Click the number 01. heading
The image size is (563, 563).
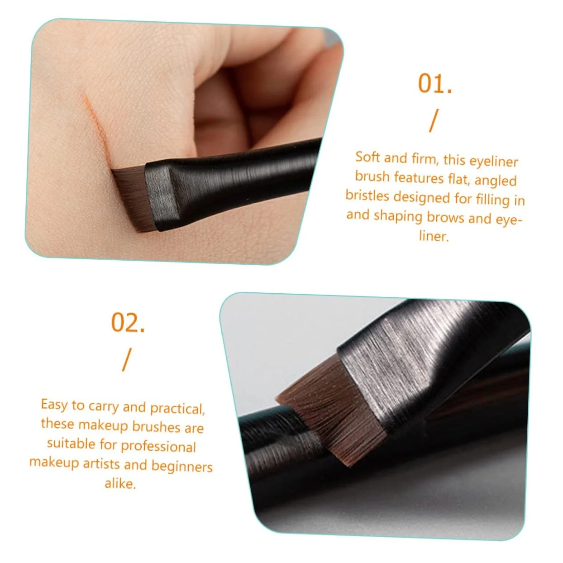click(x=435, y=84)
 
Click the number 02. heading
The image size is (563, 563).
click(x=128, y=323)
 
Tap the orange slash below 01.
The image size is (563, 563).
click(x=434, y=120)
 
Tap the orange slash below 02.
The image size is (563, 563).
click(x=127, y=359)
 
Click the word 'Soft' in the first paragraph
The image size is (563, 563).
click(x=367, y=157)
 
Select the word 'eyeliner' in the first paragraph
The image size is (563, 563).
click(x=493, y=161)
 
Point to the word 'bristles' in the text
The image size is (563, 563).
click(x=367, y=196)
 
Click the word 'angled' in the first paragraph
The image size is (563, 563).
click(x=496, y=181)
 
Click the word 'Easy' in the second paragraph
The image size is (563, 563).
click(x=54, y=406)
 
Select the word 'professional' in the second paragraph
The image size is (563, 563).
click(x=158, y=447)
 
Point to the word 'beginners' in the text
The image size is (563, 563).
click(x=182, y=466)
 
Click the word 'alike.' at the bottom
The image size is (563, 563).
click(x=120, y=483)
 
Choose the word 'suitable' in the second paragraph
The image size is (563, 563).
click(x=71, y=444)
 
